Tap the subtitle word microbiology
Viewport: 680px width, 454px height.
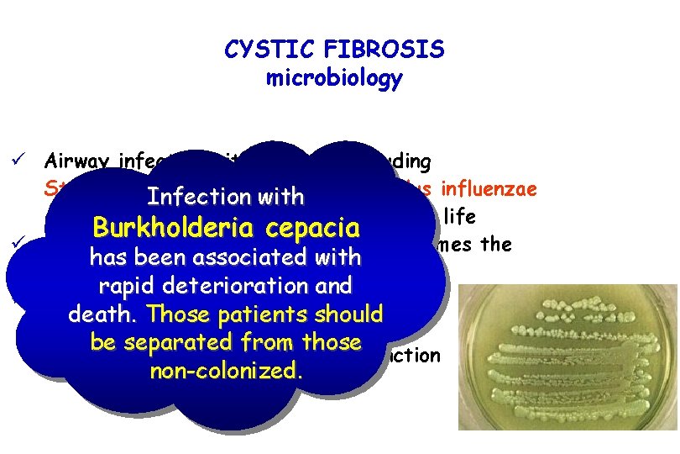point(334,79)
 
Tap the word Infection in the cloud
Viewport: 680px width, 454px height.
point(188,198)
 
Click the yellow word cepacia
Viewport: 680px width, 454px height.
point(309,228)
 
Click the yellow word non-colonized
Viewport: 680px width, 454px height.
point(224,371)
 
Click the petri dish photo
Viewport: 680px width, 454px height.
point(562,362)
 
